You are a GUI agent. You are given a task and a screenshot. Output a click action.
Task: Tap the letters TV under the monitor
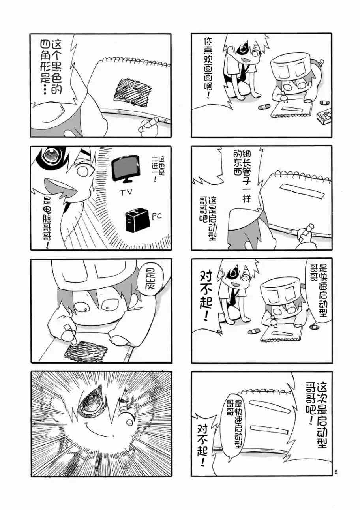click(126, 193)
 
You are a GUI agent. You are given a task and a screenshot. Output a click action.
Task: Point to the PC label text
click(157, 216)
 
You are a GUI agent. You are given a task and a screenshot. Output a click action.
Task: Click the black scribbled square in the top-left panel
click(133, 92)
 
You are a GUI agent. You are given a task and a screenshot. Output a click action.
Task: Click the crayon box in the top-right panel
click(324, 115)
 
